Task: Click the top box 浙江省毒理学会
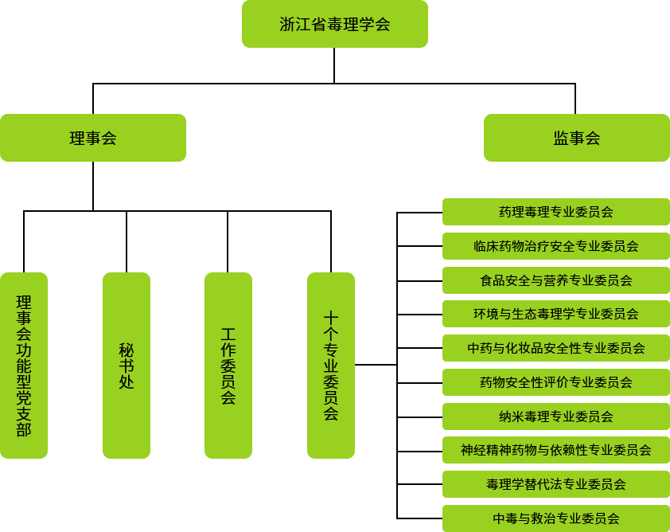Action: click(x=334, y=24)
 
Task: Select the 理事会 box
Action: click(x=93, y=138)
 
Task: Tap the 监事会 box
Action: click(x=576, y=138)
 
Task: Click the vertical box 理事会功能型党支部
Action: click(x=24, y=365)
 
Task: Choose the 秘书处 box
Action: click(x=126, y=365)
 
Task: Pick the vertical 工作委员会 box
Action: click(x=228, y=365)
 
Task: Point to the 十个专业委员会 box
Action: click(x=330, y=365)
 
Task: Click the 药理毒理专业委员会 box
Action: click(x=555, y=212)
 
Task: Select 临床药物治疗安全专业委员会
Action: click(x=555, y=246)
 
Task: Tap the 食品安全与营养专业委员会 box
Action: click(x=555, y=280)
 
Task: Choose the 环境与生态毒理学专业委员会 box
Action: click(x=555, y=314)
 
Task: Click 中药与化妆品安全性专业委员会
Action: click(x=555, y=348)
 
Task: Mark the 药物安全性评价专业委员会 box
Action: click(x=555, y=382)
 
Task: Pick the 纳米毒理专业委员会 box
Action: click(x=555, y=417)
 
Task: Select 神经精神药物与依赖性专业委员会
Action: click(x=555, y=450)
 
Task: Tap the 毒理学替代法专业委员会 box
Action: click(x=555, y=484)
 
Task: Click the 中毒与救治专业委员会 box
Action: click(x=555, y=518)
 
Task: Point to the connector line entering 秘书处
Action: click(x=126, y=241)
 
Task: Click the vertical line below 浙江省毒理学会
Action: click(x=333, y=65)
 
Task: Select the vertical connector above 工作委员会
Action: click(x=228, y=241)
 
